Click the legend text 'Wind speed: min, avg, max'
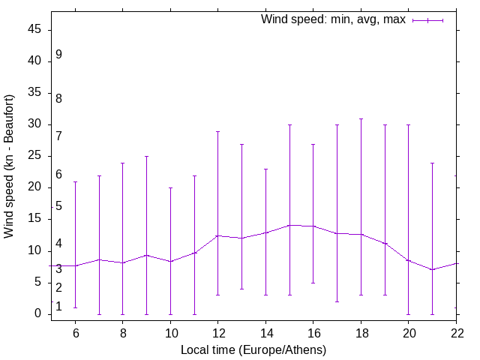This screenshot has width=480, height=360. pos(333,19)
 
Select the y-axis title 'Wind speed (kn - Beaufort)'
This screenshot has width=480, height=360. pos(9,166)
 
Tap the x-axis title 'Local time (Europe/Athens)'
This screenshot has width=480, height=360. pos(253,349)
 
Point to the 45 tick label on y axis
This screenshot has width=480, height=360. pos(35,30)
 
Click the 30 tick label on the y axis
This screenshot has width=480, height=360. pos(35,124)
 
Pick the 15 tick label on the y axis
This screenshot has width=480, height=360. pos(35,220)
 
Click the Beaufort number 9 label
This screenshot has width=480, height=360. pos(58,55)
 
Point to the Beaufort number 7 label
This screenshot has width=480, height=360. pos(58,136)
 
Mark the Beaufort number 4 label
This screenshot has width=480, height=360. pos(58,244)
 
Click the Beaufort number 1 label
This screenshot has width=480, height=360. pos(58,307)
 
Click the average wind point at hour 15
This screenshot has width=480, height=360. pos(289,225)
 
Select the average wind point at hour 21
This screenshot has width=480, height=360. pos(432,269)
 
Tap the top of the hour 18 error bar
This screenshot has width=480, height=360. pos(361,118)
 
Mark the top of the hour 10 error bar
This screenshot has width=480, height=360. pos(170,187)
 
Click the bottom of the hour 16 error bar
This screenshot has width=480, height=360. pos(313,283)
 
